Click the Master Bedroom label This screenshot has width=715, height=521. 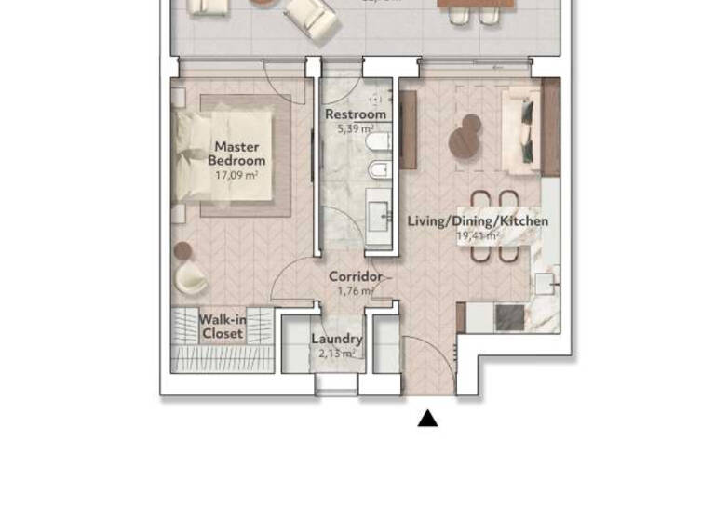[236, 154]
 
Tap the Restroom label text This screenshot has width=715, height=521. [355, 114]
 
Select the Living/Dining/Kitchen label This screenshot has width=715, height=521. [478, 221]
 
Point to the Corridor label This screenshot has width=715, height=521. [355, 277]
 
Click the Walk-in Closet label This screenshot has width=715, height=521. [223, 327]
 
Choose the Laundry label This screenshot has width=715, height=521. [336, 340]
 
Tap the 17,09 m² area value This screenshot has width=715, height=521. [236, 174]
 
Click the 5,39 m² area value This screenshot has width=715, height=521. [355, 127]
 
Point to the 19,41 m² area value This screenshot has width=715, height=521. [478, 236]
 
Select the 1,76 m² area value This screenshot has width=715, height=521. [355, 290]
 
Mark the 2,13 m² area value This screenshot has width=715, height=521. [336, 354]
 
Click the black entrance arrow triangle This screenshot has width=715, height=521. [427, 419]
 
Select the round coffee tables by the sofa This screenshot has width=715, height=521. [465, 138]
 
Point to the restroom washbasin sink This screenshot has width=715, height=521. [380, 213]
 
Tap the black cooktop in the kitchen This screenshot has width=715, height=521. [510, 318]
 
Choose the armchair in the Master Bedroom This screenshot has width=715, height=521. [193, 275]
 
